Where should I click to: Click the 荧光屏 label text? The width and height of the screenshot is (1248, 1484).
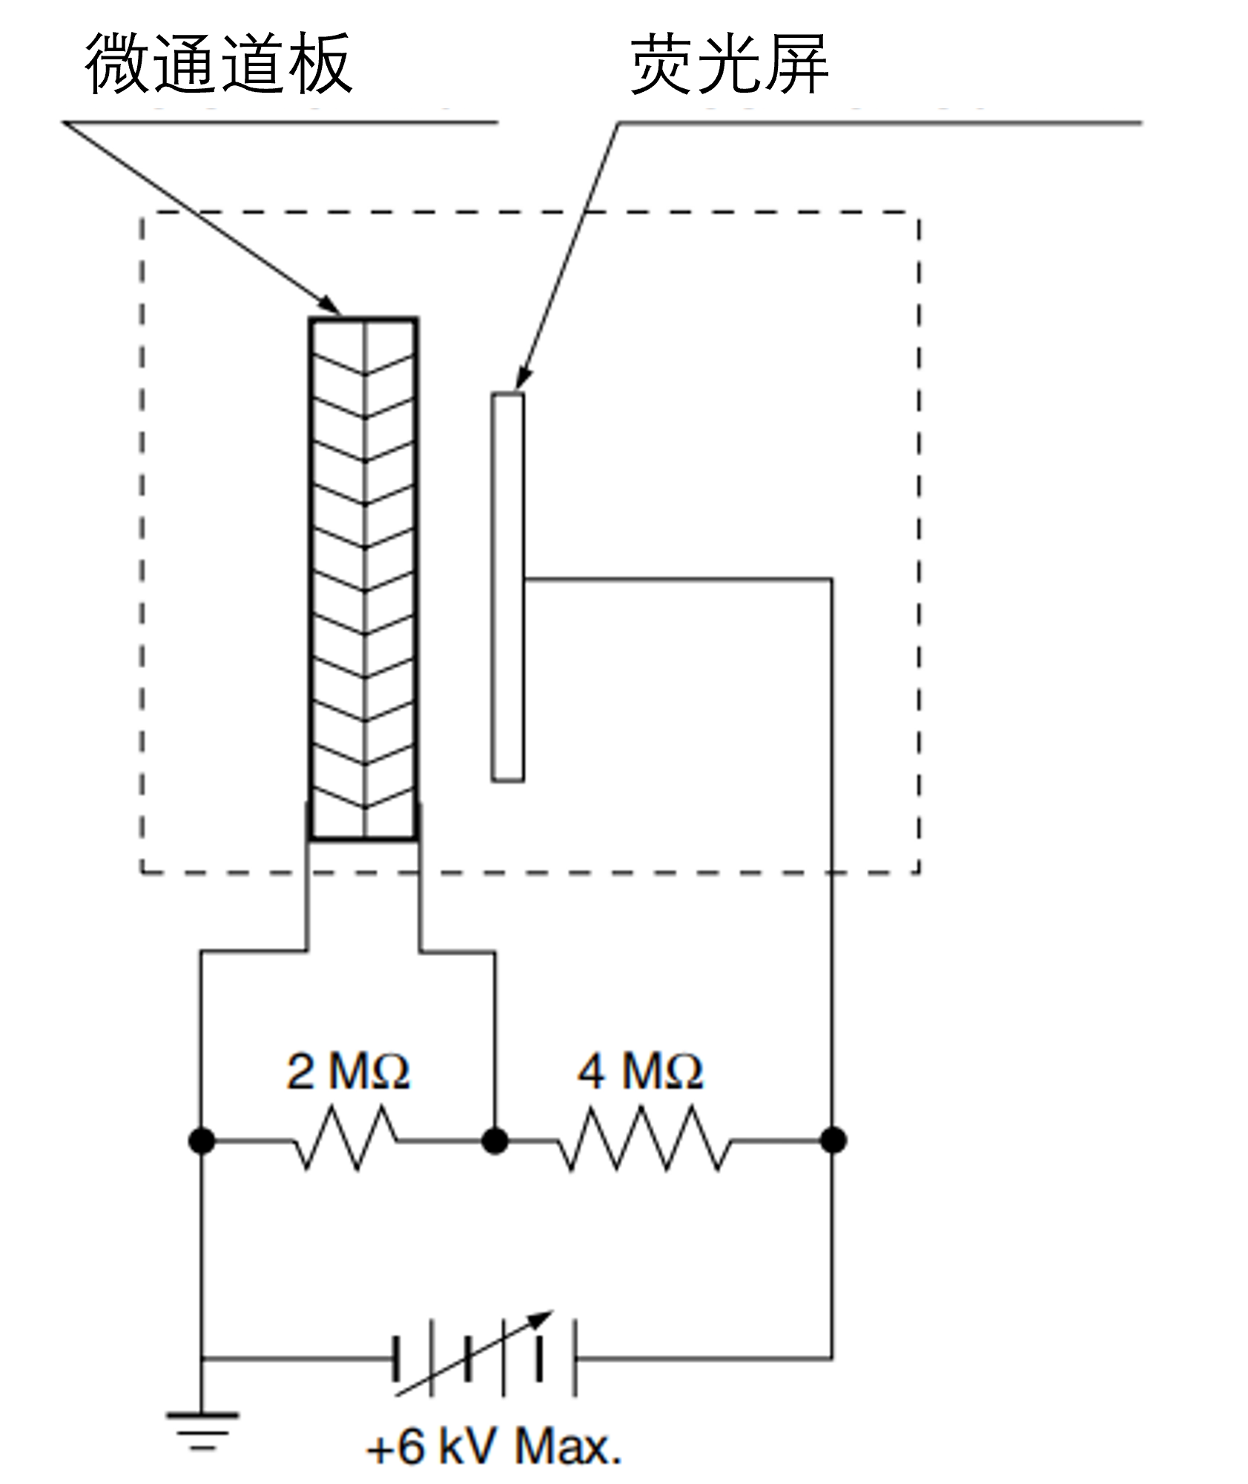click(x=729, y=65)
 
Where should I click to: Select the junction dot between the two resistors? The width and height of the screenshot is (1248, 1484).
click(x=495, y=1140)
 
